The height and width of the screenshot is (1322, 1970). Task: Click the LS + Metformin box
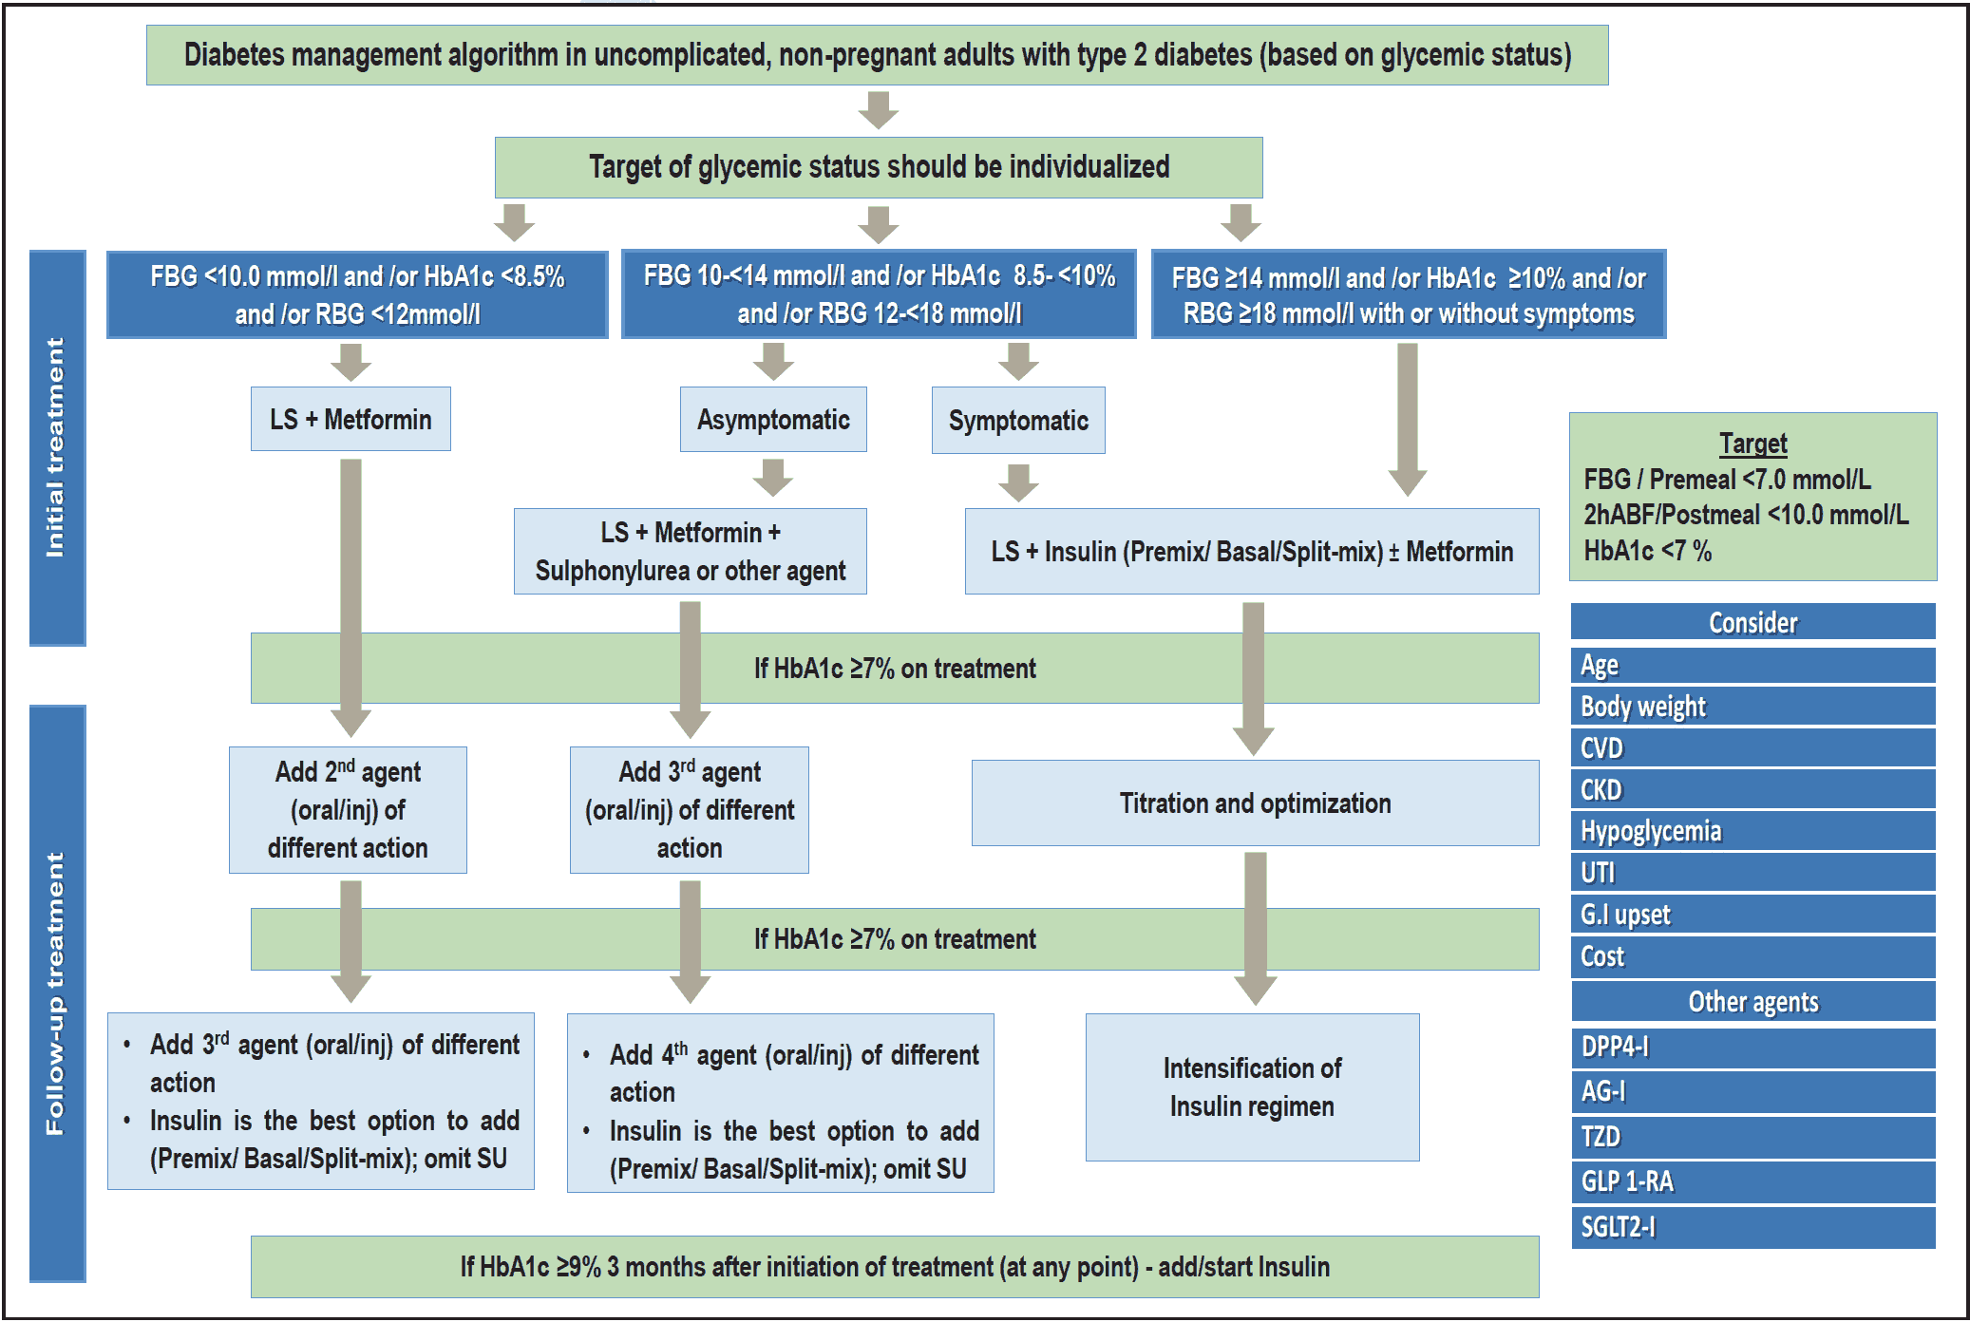[350, 419]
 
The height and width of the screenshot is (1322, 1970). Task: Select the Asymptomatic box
[773, 420]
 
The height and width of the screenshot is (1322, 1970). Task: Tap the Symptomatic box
[1018, 421]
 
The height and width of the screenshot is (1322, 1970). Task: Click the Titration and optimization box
[1255, 803]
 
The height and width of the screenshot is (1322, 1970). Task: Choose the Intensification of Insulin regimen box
[1252, 1087]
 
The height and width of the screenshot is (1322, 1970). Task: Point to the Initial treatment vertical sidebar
[57, 447]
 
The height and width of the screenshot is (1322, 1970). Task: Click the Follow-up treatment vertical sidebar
[57, 992]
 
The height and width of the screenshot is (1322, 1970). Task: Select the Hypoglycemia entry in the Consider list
[1752, 831]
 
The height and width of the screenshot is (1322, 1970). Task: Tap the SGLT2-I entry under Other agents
[1752, 1227]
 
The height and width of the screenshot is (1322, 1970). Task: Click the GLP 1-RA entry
[1752, 1181]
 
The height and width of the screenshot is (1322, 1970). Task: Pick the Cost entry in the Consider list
[1752, 956]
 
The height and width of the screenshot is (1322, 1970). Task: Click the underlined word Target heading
[1752, 444]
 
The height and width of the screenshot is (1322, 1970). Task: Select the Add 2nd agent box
[348, 809]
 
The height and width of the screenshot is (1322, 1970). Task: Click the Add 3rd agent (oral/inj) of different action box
[690, 809]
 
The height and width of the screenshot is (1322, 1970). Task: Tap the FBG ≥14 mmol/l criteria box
[1408, 294]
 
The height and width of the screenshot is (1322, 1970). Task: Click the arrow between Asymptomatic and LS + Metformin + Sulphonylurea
[773, 478]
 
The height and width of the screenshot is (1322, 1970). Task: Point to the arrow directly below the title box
[878, 110]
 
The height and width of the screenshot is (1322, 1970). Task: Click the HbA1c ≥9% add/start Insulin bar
[895, 1266]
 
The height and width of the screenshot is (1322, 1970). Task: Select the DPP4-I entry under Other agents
[1752, 1047]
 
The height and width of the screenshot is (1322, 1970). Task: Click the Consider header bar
[1752, 622]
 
